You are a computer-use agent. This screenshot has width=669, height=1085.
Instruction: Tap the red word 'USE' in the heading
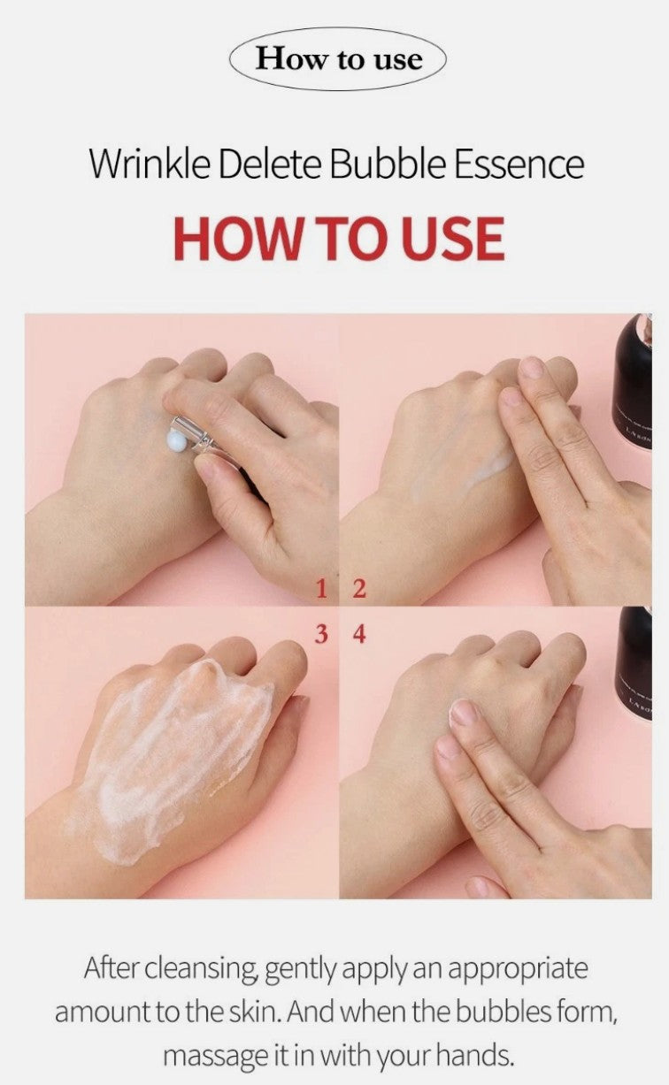(451, 239)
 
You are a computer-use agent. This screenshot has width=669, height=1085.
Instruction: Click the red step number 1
(323, 588)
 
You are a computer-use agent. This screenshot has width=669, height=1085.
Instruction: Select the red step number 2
(358, 588)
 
